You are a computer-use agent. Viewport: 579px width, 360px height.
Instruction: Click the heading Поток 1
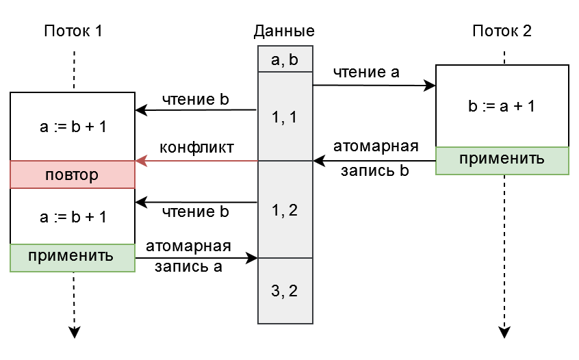pos(73,31)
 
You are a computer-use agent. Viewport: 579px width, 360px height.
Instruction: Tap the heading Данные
pos(284,31)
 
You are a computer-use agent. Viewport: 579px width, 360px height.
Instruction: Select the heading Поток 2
pos(502,31)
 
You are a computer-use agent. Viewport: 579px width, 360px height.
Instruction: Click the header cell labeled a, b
pos(285,59)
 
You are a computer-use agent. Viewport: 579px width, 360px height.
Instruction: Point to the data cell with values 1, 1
pos(285,116)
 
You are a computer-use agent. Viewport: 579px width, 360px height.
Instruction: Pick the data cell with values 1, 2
pos(285,209)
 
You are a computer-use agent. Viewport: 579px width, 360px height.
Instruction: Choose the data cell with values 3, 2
pos(285,291)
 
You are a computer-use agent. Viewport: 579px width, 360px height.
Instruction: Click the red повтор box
pos(73,175)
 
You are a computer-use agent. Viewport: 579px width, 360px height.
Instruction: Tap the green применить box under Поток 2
pos(502,161)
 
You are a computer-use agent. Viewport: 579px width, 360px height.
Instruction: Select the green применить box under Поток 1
pos(73,258)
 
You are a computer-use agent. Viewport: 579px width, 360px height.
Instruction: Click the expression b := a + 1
pos(502,106)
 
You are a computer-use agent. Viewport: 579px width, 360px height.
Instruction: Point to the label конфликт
pos(196,147)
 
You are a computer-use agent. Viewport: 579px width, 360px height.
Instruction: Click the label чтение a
pos(366,73)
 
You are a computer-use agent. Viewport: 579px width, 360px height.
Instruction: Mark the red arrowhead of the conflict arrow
pos(141,161)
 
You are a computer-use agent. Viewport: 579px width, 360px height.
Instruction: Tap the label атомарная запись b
pos(376,158)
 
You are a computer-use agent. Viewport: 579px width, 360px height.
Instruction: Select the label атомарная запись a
pos(188,256)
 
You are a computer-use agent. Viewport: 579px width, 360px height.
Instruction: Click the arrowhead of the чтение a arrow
pos(430,86)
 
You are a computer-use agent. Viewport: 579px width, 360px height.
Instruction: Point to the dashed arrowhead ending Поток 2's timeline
pos(504,332)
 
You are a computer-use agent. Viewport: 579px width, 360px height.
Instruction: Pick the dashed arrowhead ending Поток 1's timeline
pos(74,332)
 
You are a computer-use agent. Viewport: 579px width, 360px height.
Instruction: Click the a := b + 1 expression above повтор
pos(73,127)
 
